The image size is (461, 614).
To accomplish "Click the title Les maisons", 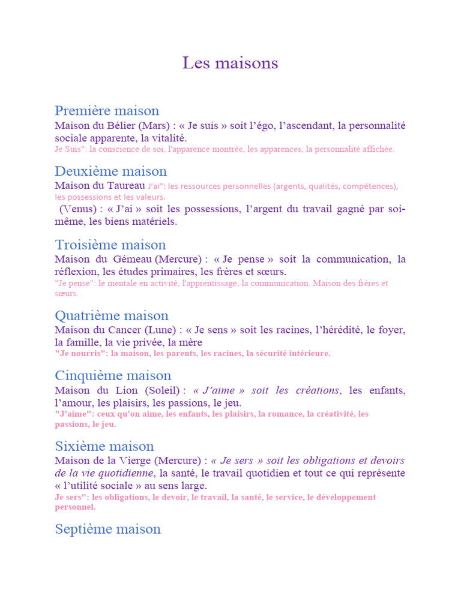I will (230, 63).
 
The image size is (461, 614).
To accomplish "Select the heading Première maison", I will (107, 111).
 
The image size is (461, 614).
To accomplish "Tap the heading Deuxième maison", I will (110, 171).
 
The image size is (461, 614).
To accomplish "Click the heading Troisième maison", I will (110, 245).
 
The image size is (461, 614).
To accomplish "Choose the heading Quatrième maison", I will (112, 315).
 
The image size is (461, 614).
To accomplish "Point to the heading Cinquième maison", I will (113, 376).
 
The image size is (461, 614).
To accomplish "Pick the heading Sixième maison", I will (104, 446).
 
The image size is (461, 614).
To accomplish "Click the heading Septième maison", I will (108, 529).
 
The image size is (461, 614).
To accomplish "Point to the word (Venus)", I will (78, 209).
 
